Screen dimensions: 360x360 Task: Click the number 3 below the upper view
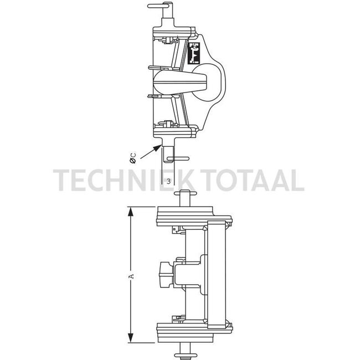(x=168, y=181)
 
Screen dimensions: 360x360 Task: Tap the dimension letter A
(x=131, y=275)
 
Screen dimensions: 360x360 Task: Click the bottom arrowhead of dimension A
(x=131, y=340)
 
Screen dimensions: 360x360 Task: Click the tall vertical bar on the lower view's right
(x=215, y=274)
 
